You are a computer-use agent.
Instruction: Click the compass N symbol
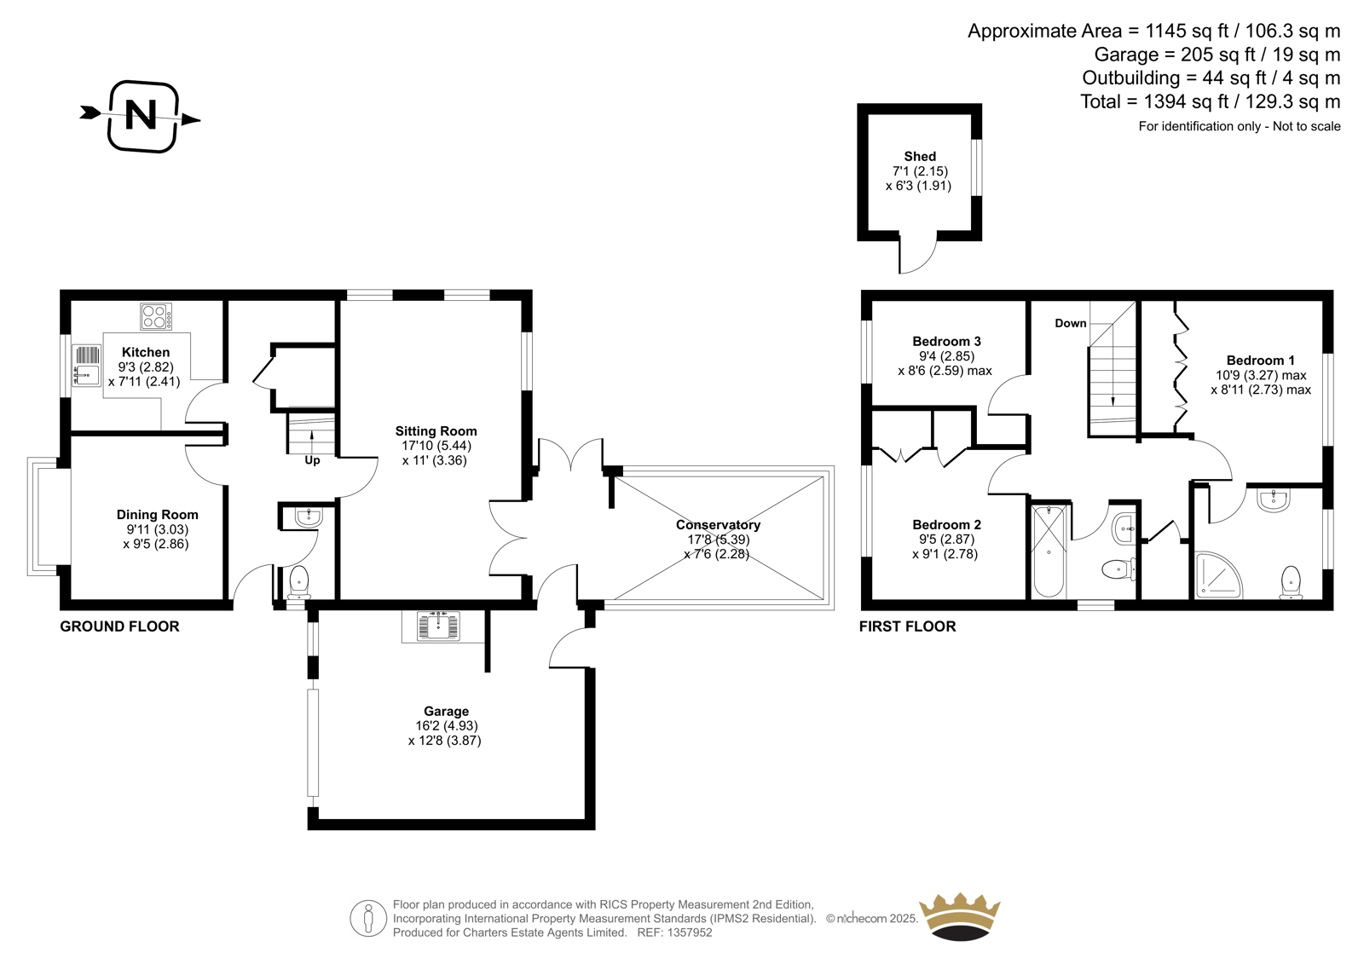pyautogui.click(x=142, y=116)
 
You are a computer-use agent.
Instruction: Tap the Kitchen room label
pyautogui.click(x=146, y=352)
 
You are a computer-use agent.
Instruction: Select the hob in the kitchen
pyautogui.click(x=156, y=317)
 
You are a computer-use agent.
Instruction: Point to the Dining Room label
pyautogui.click(x=157, y=515)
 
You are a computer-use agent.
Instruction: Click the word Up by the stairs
pyautogui.click(x=312, y=460)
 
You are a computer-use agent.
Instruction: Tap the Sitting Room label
pyautogui.click(x=436, y=431)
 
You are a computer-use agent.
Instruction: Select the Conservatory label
pyautogui.click(x=718, y=524)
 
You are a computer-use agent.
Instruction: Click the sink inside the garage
pyautogui.click(x=438, y=626)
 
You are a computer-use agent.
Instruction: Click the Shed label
pyautogui.click(x=920, y=157)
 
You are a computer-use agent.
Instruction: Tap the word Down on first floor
pyautogui.click(x=1071, y=323)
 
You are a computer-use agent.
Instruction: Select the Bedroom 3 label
pyautogui.click(x=946, y=341)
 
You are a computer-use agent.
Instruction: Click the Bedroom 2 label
pyautogui.click(x=946, y=524)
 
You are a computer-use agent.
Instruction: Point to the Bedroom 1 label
pyautogui.click(x=1261, y=360)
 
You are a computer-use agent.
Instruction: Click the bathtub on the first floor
pyautogui.click(x=1049, y=551)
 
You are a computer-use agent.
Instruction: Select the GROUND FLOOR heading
pyautogui.click(x=119, y=626)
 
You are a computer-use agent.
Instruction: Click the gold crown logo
pyautogui.click(x=960, y=919)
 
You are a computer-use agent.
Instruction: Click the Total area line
pyautogui.click(x=1211, y=101)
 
